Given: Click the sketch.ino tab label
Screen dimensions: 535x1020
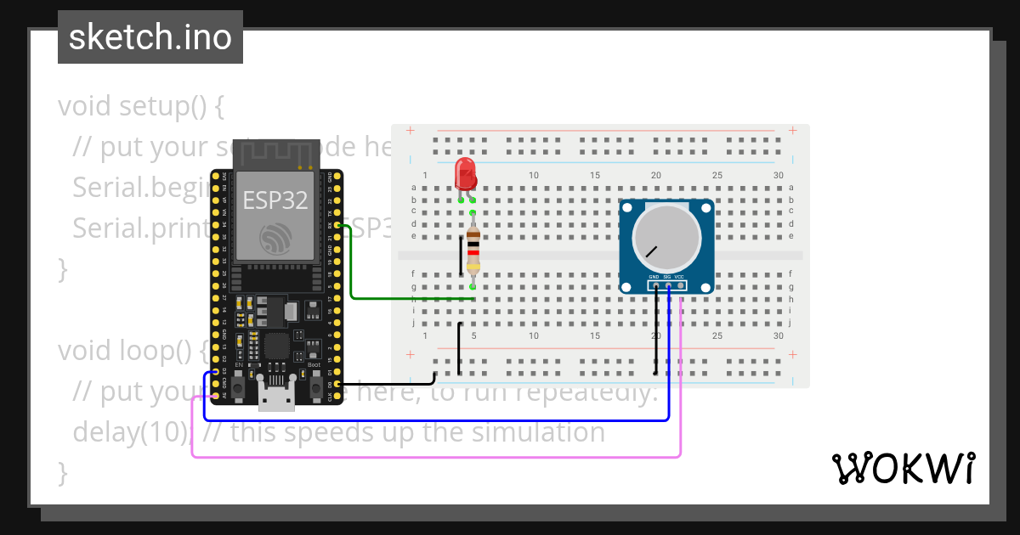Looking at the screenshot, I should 150,37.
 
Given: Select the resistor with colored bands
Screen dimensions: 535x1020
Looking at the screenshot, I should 473,252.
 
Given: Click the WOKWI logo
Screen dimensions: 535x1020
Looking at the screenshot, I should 903,468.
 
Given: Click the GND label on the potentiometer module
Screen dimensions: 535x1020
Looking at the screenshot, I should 654,277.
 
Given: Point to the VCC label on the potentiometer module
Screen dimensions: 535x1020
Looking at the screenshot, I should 680,277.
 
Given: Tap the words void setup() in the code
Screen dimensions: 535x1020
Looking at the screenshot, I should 140,106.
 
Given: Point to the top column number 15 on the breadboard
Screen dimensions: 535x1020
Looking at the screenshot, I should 595,175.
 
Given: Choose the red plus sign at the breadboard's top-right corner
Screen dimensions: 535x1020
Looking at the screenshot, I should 792,130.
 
